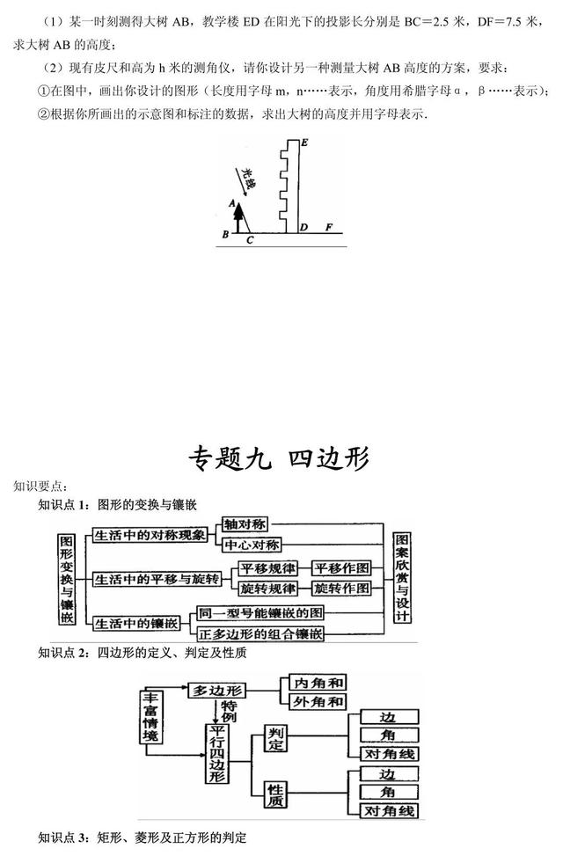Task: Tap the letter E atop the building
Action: click(304, 143)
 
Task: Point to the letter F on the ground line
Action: click(329, 227)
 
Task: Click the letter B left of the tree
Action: click(225, 235)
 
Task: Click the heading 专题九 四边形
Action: click(280, 457)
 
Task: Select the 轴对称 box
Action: click(245, 524)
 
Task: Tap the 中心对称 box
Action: click(252, 545)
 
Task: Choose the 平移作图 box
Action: click(340, 567)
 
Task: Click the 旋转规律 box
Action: click(268, 589)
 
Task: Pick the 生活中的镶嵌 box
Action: click(136, 623)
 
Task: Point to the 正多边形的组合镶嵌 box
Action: click(260, 633)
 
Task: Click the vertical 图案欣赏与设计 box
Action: click(402, 577)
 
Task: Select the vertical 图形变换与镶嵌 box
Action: click(67, 579)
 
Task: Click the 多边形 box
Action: click(216, 691)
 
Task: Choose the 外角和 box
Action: click(318, 701)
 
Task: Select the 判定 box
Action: click(275, 738)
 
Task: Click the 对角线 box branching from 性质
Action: click(389, 810)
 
